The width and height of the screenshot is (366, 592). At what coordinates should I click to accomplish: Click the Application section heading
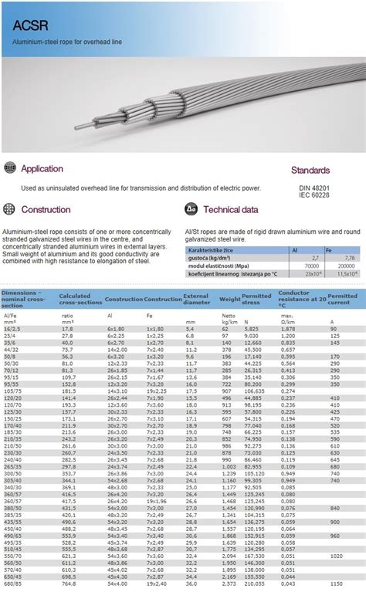[x=42, y=168]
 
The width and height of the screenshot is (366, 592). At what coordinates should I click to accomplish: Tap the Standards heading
[x=310, y=170]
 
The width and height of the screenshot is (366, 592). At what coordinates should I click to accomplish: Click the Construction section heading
[x=46, y=209]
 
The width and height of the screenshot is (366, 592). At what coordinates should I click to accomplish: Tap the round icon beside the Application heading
[x=9, y=168]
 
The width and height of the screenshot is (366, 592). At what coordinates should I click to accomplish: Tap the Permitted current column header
[x=342, y=299]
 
